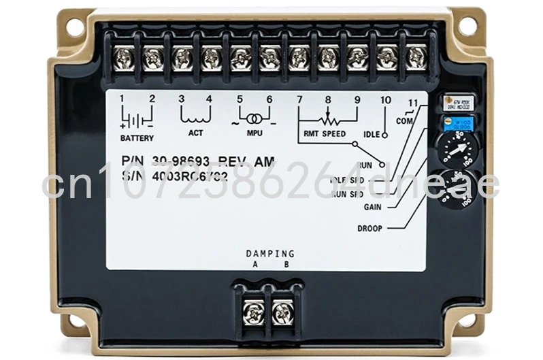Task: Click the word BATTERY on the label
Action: point(137,138)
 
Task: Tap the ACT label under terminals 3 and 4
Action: point(195,133)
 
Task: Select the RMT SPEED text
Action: point(325,133)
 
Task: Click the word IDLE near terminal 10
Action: point(372,134)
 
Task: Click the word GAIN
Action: point(373,207)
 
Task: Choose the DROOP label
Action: point(370,228)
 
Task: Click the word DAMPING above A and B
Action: point(270,254)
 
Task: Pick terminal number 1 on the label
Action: point(122,99)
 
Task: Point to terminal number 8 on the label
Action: point(327,100)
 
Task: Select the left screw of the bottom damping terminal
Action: point(253,313)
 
